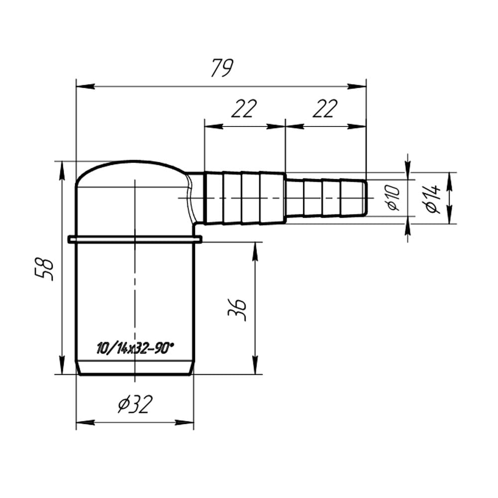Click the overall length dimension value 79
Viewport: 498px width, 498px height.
(x=222, y=68)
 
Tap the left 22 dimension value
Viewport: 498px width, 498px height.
(x=244, y=108)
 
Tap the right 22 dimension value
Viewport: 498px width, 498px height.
(x=325, y=108)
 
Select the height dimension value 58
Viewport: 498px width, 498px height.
(x=44, y=269)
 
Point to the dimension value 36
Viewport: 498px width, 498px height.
(x=237, y=310)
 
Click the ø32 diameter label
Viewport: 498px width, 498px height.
(x=135, y=404)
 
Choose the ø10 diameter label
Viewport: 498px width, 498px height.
(x=393, y=198)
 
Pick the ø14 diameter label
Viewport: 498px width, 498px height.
(x=433, y=199)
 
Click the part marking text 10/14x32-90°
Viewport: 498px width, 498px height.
(x=135, y=348)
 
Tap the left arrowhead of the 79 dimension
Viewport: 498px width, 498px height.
(x=86, y=86)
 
